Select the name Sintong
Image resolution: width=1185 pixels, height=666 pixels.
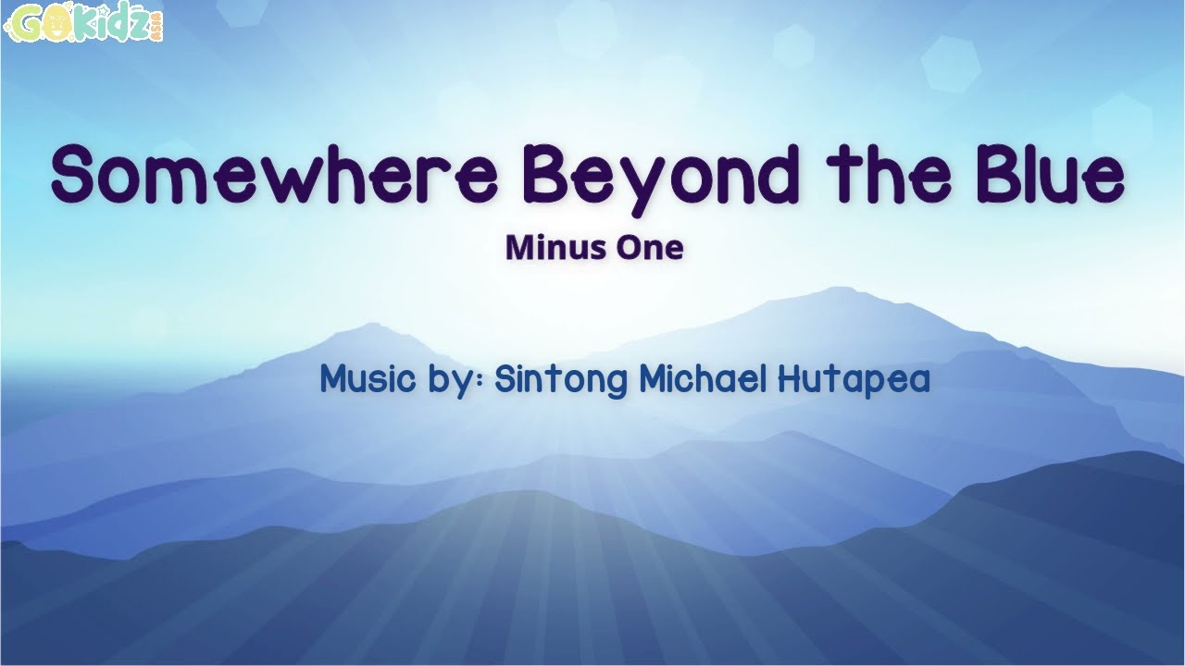[561, 380]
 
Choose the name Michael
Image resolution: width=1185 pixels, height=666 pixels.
[703, 378]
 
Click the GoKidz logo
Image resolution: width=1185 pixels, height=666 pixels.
[83, 24]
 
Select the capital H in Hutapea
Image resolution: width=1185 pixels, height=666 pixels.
[790, 378]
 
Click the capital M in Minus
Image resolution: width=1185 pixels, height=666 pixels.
[520, 248]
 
